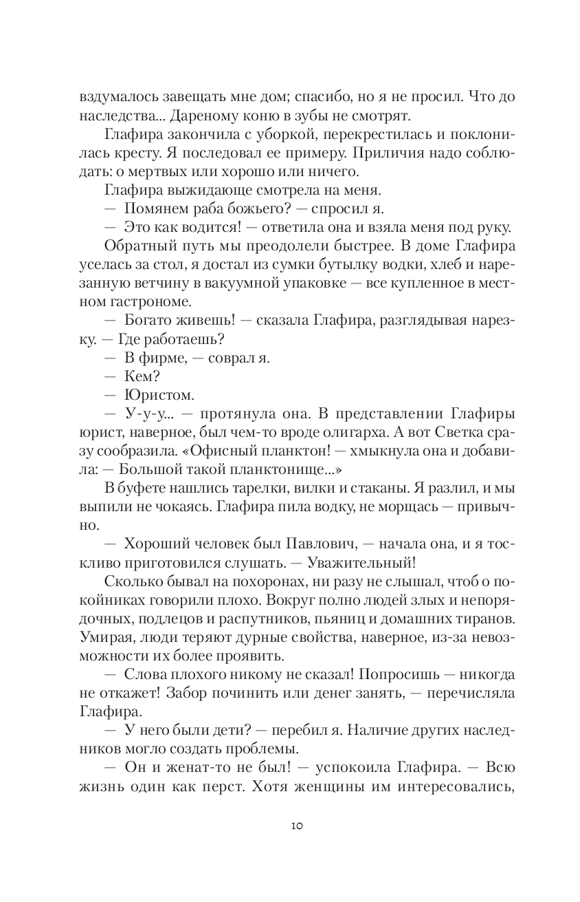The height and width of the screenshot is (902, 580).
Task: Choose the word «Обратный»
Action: pyautogui.click(x=135, y=246)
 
